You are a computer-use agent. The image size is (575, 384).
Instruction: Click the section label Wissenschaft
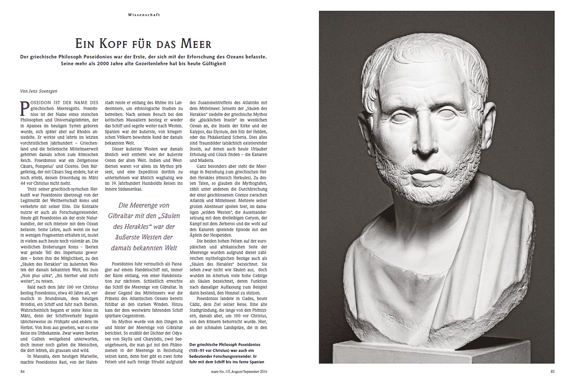pos(144,15)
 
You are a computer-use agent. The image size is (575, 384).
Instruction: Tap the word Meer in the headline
pos(195,44)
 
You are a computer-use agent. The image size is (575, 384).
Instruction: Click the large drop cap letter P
pos(26,107)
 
